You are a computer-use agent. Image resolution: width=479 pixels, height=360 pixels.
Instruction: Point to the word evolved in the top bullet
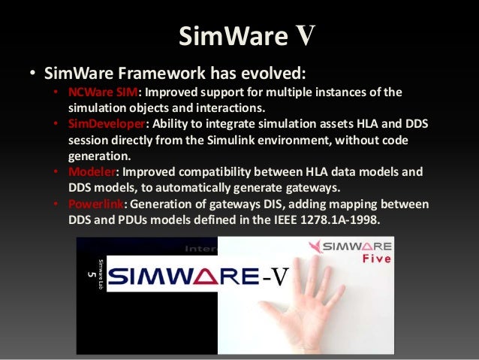[x=276, y=74]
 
